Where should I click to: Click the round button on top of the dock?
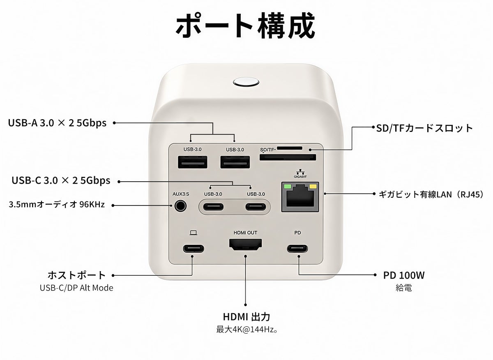[246, 83]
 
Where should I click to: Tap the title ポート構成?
[245, 26]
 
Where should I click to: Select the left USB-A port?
[193, 162]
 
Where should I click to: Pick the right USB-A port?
[235, 162]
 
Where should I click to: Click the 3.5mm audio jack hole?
[180, 206]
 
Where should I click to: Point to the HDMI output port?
[245, 245]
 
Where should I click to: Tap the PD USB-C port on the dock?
[297, 249]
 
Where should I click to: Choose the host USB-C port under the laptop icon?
[194, 249]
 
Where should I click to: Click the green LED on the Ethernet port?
[288, 187]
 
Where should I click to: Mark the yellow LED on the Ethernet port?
[313, 187]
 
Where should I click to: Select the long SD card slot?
[288, 157]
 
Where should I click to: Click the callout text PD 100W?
[404, 275]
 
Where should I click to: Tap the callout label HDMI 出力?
[246, 317]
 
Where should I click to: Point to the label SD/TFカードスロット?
[424, 128]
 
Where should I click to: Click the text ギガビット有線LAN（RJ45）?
[431, 194]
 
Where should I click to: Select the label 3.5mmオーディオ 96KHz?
[57, 205]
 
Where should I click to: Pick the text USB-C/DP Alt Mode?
[76, 288]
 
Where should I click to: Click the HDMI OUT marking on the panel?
[245, 233]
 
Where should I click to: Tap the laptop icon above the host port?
[193, 233]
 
